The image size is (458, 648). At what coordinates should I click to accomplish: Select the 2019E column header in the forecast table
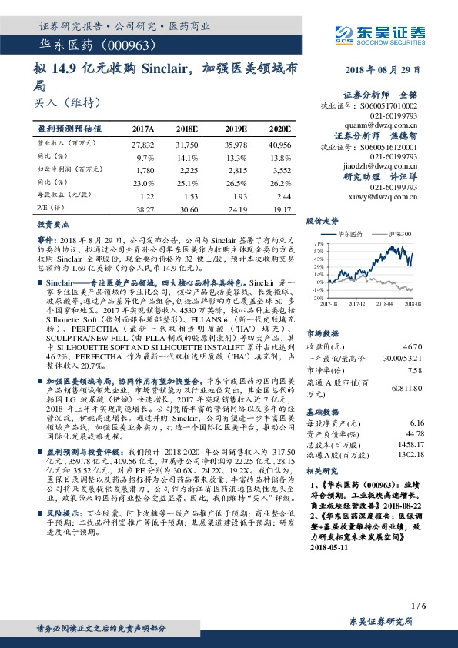click(236, 129)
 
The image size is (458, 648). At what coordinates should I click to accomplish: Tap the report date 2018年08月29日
click(385, 70)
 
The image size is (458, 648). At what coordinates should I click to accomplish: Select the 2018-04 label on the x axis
click(385, 305)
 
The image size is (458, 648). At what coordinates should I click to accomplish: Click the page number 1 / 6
click(418, 606)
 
